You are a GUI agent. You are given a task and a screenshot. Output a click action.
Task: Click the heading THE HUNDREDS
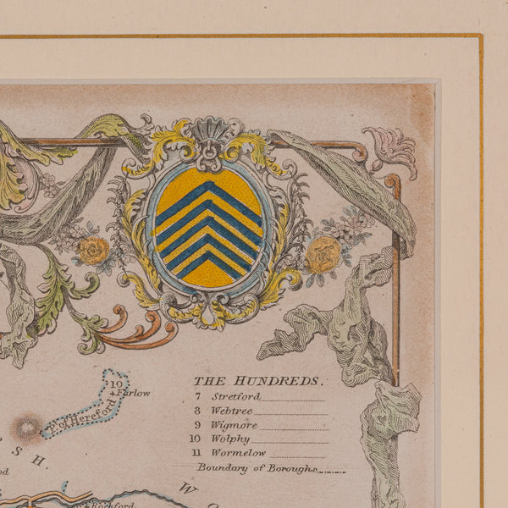point(257,381)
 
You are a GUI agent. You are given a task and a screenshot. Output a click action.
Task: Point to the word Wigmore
point(235,425)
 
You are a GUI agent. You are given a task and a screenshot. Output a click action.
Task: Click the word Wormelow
point(237,453)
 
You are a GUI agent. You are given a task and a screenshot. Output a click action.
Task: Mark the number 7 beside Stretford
point(197,396)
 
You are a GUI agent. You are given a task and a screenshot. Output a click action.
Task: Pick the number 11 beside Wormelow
point(196,453)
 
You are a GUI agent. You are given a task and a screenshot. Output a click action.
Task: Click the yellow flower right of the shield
point(323,254)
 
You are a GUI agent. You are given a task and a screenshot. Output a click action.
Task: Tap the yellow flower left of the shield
point(93,250)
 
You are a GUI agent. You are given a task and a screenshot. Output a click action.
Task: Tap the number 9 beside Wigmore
point(197,425)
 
